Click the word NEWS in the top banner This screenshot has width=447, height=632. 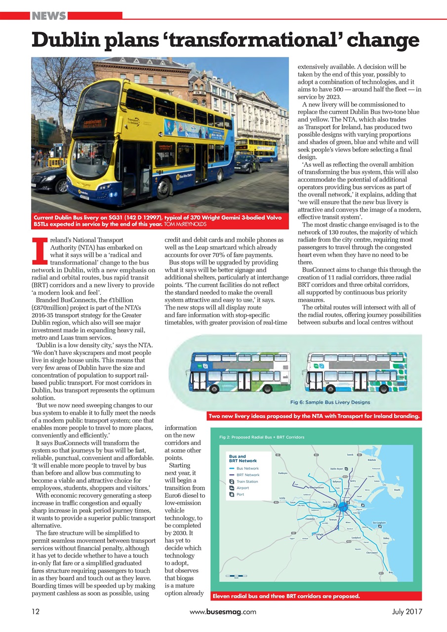coord(49,16)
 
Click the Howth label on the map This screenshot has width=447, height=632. coord(397,490)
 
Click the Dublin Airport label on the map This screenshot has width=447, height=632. coord(337,468)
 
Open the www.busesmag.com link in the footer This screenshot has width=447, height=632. coord(223,611)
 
